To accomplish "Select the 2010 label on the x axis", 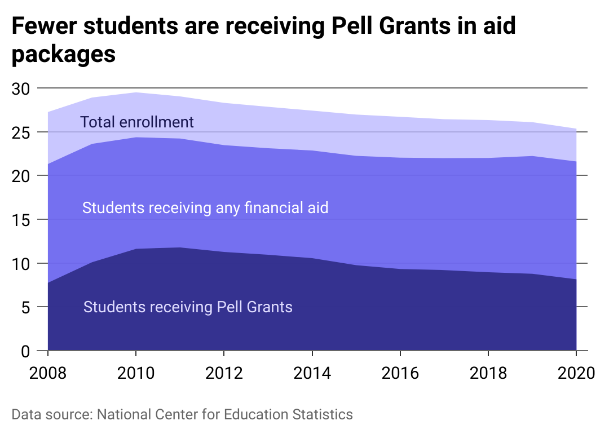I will [x=135, y=374].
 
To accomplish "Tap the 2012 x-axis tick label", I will [x=223, y=374].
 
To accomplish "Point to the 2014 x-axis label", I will [x=311, y=374].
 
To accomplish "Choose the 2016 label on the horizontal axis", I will [x=399, y=374].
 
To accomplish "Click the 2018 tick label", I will [x=487, y=374].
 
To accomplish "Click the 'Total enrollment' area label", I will [x=137, y=122].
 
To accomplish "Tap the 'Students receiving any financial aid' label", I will [x=205, y=208].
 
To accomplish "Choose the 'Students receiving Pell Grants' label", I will [x=188, y=307].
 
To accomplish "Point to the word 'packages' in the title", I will [x=63, y=55].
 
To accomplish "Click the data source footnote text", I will [x=182, y=415].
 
